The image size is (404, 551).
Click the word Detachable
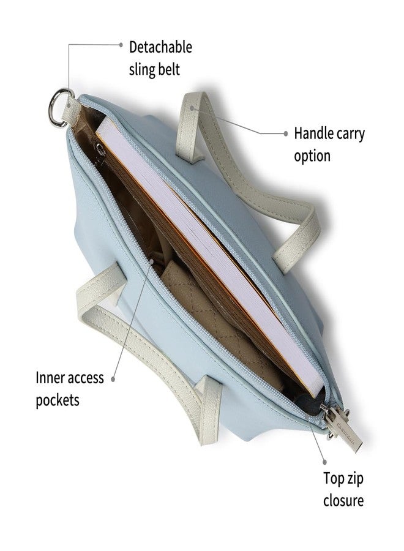160,47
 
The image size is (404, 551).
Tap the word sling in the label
142,70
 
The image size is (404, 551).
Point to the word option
312,156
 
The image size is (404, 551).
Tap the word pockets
58,400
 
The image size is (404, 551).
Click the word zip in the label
354,479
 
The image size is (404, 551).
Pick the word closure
343,500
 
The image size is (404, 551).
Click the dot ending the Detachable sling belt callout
121,45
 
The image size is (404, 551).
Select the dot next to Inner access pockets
113,379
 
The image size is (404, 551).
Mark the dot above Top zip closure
324,462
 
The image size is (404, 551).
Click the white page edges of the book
210,253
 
